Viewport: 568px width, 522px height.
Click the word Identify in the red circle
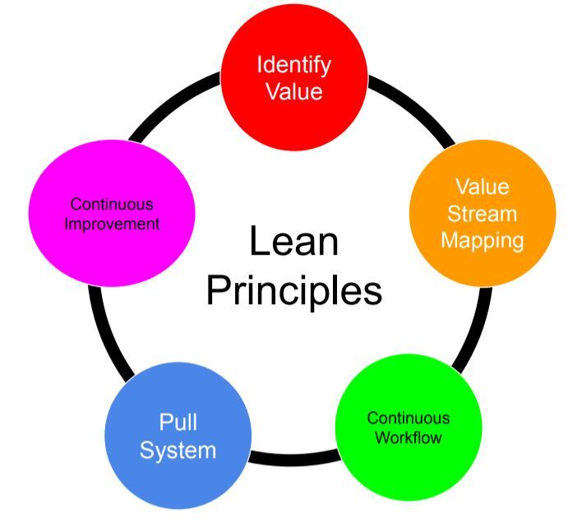click(x=294, y=64)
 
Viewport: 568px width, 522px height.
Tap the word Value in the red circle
click(x=294, y=90)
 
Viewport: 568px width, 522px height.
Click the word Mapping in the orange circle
click(x=483, y=240)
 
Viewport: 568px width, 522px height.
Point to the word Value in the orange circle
click(x=483, y=187)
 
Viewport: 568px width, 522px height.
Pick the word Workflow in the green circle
click(x=409, y=437)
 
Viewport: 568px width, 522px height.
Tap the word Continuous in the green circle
click(x=409, y=418)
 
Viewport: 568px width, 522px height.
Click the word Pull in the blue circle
click(x=178, y=423)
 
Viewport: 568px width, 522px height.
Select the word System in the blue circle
click(x=178, y=450)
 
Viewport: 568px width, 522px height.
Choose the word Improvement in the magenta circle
click(x=113, y=224)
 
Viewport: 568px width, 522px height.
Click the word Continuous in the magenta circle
click(x=112, y=204)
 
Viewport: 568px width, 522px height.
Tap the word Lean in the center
click(x=293, y=243)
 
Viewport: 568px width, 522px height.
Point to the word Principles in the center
click(x=293, y=291)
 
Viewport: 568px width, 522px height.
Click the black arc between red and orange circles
click(x=411, y=106)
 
